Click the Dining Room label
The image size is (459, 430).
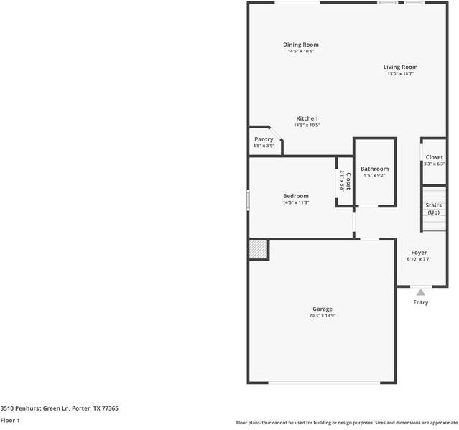point(301,45)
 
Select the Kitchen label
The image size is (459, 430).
point(307,118)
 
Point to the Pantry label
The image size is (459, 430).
point(264,139)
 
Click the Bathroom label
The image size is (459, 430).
point(374,169)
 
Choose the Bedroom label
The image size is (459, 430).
point(295,196)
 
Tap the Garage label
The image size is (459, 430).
point(322,309)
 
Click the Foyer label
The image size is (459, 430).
point(419,253)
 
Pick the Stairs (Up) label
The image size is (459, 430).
point(434,209)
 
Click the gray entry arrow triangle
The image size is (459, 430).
point(421,292)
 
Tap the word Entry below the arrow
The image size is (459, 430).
point(421,302)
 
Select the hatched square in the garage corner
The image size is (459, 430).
point(258,250)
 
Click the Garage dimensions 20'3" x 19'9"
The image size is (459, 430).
point(322,316)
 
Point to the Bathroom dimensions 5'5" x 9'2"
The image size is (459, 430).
point(374,175)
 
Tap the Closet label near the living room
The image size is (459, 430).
point(435,157)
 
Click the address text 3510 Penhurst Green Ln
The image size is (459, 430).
point(59,408)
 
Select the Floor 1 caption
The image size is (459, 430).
point(10,420)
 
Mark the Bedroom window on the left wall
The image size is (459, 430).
point(249,200)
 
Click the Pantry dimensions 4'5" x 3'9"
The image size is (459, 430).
point(264,146)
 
